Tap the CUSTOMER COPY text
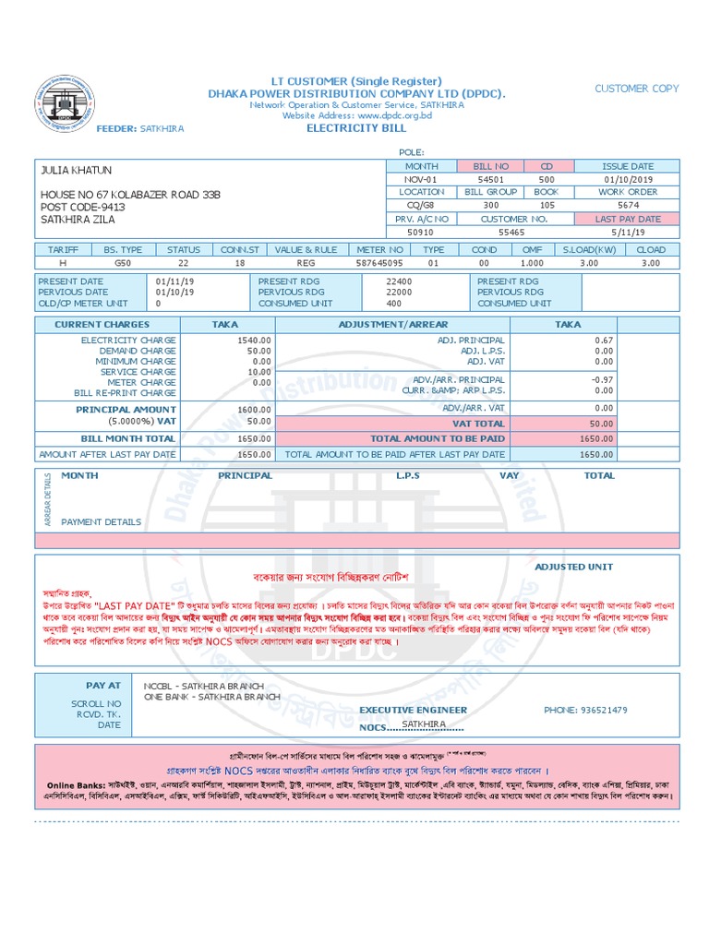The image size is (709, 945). [636, 89]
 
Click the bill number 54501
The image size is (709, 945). [490, 179]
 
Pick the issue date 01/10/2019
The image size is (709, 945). [628, 179]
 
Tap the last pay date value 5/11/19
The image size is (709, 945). [628, 233]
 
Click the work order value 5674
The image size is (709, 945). [628, 206]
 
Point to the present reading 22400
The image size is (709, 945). [399, 281]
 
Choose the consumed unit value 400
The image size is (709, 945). [394, 303]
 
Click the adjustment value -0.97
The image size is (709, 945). [604, 379]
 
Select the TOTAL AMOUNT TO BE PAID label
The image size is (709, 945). [438, 439]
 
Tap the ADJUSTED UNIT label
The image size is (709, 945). [573, 567]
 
